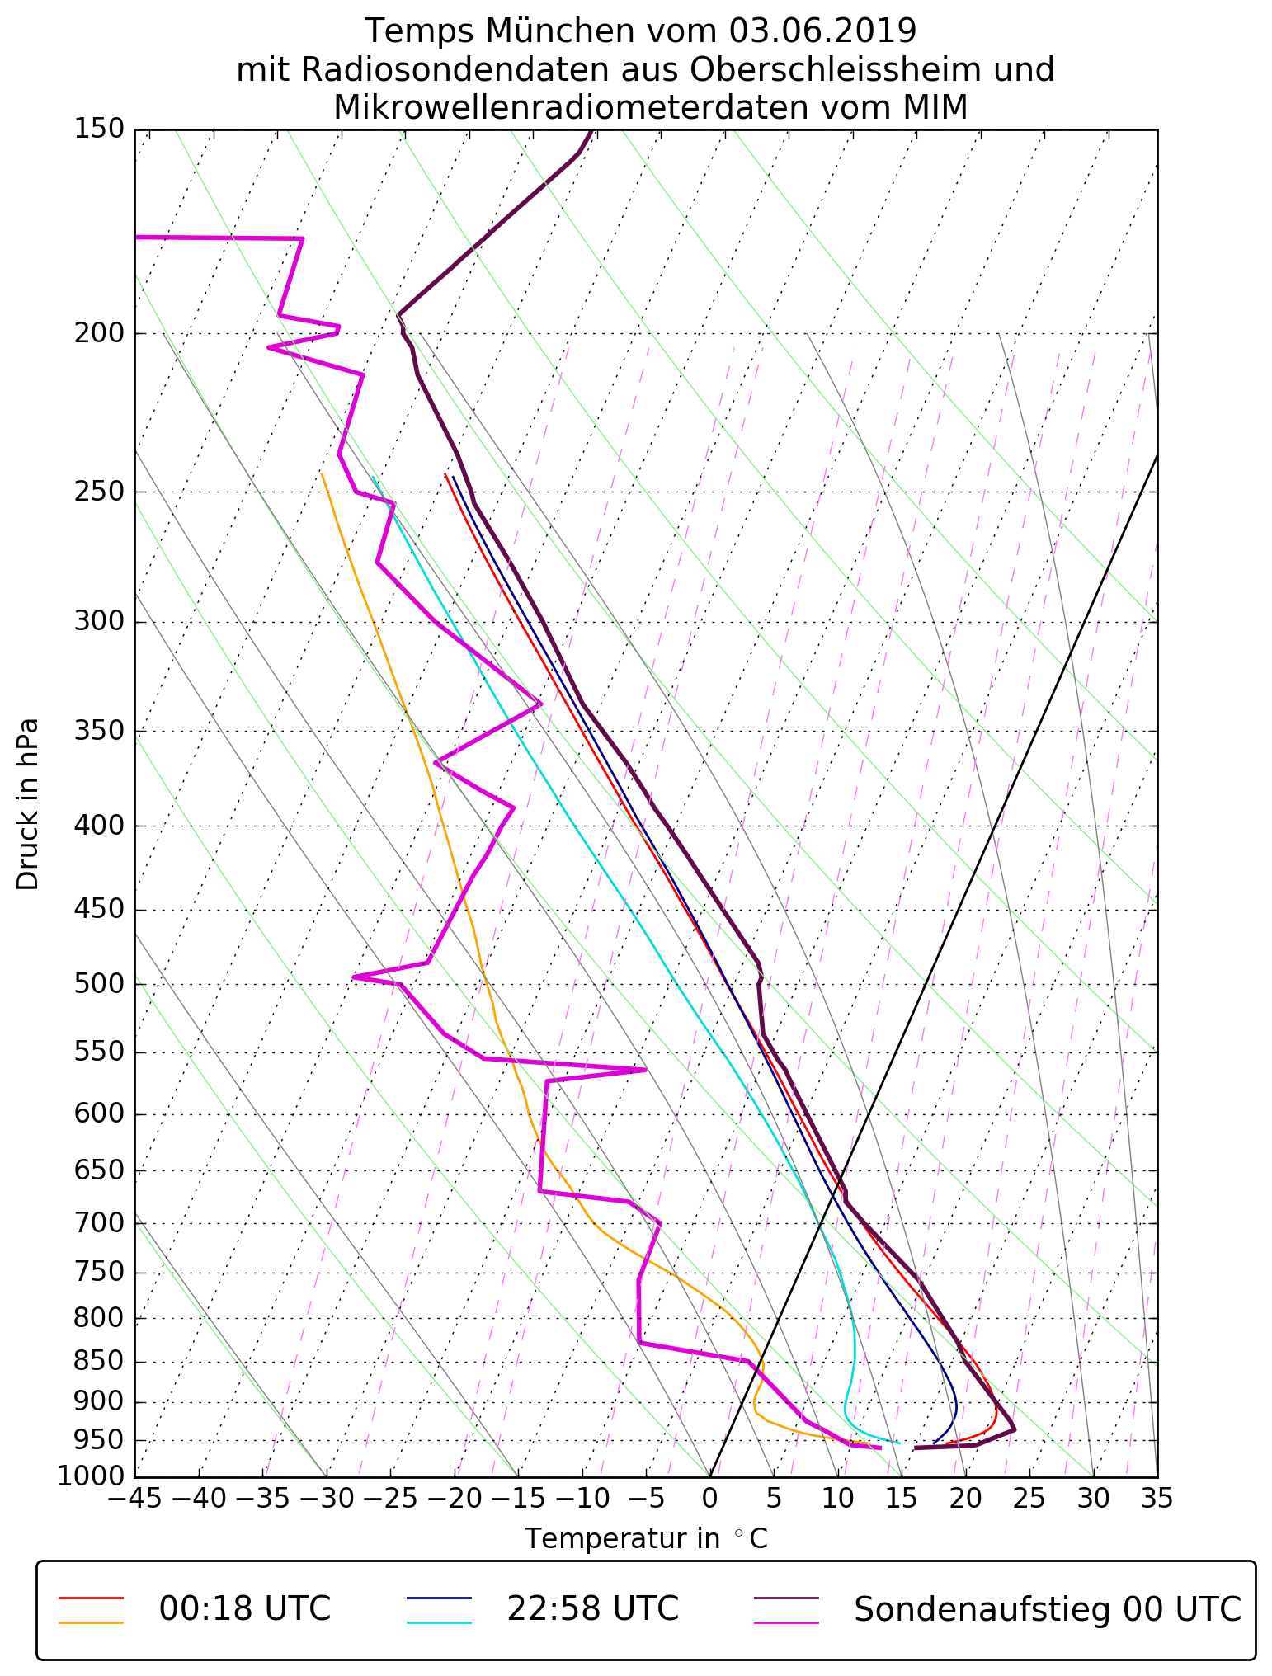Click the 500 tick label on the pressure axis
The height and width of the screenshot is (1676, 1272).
(x=99, y=984)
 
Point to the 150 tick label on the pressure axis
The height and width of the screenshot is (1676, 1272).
(x=99, y=129)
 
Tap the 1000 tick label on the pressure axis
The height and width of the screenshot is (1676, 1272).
(x=91, y=1477)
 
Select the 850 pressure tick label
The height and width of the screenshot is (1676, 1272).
(x=99, y=1362)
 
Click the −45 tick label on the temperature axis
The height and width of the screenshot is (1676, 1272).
(x=134, y=1499)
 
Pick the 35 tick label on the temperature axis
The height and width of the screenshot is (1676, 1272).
(x=1157, y=1499)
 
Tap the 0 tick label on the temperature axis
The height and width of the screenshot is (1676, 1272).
(x=709, y=1499)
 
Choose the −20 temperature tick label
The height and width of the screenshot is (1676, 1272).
(x=454, y=1499)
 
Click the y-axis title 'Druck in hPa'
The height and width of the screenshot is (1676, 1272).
(x=28, y=804)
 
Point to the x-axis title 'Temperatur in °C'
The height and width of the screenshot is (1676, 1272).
(x=646, y=1539)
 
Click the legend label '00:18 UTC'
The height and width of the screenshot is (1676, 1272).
(x=245, y=1609)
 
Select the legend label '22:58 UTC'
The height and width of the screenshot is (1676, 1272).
(x=592, y=1609)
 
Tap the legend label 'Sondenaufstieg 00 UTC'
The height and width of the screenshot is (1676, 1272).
(x=1047, y=1609)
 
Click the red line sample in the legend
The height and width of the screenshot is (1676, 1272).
(x=91, y=1598)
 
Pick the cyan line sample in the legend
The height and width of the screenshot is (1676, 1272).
(x=439, y=1622)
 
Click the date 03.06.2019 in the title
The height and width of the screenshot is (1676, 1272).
(x=822, y=31)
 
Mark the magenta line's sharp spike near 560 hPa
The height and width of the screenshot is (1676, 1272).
(x=645, y=1070)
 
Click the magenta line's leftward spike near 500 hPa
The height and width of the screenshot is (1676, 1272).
(x=354, y=977)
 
